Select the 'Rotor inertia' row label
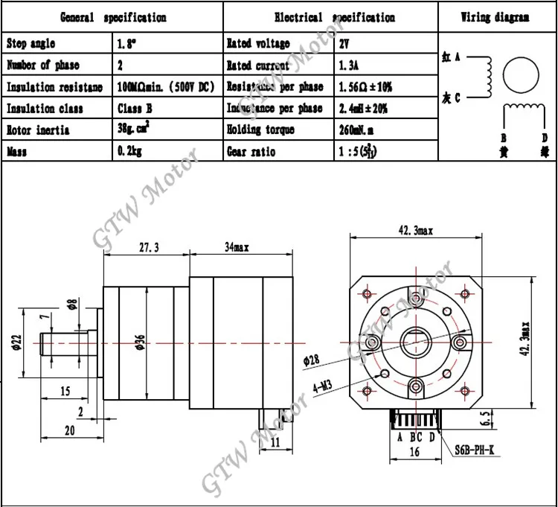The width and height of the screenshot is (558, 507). [x=38, y=130]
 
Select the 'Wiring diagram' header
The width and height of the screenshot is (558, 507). [x=495, y=17]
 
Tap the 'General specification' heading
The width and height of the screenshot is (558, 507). [x=112, y=17]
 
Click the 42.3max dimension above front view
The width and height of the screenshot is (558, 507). [x=415, y=232]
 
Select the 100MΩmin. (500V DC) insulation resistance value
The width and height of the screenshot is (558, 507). [x=166, y=87]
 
